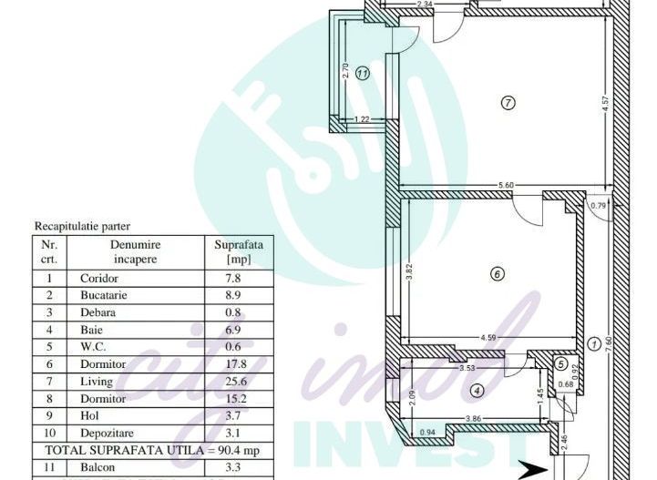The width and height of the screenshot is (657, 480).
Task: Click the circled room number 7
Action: (x=508, y=103)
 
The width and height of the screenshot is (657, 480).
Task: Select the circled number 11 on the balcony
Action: (x=363, y=74)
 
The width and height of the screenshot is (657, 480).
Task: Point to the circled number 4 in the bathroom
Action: (x=476, y=392)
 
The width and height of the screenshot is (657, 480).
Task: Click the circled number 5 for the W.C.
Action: (x=561, y=363)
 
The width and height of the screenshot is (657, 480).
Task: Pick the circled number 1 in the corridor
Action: (x=594, y=343)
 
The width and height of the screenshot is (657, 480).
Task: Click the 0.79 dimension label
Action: (x=598, y=205)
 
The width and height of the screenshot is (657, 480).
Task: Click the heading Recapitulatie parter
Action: (x=82, y=226)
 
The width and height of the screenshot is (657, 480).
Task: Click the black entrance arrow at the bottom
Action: (x=531, y=470)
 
